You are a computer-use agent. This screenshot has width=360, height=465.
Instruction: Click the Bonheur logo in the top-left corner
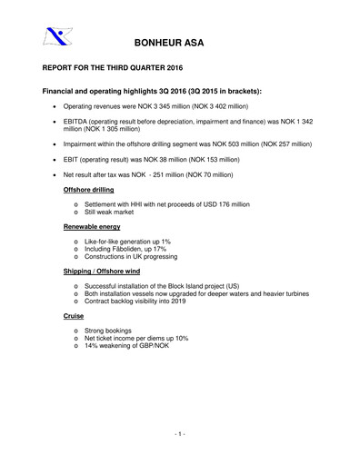coord(55,37)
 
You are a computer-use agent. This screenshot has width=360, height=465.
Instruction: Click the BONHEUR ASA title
coord(179,44)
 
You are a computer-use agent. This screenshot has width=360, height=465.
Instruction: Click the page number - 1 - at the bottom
coord(179,436)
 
